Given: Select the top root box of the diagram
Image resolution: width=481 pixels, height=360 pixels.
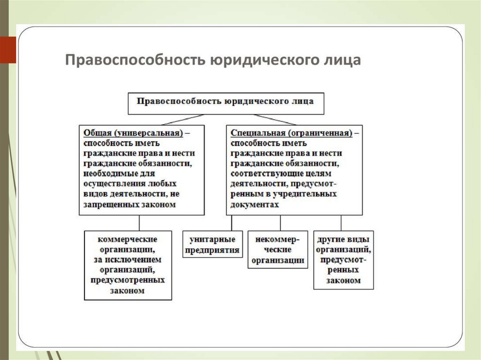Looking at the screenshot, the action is pyautogui.click(x=226, y=103).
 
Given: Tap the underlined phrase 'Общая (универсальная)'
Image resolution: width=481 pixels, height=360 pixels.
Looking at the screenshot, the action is pyautogui.click(x=133, y=133).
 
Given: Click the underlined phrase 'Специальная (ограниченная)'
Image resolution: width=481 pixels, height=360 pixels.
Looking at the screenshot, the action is pyautogui.click(x=291, y=133).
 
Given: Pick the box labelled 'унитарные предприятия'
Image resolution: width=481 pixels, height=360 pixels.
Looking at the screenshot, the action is pyautogui.click(x=212, y=244).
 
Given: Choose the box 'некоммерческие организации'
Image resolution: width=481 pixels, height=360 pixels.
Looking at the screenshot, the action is pyautogui.click(x=278, y=249).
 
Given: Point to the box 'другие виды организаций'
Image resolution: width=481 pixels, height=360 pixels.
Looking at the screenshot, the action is pyautogui.click(x=344, y=259).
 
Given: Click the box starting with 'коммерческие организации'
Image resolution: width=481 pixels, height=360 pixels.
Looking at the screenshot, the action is pyautogui.click(x=128, y=265).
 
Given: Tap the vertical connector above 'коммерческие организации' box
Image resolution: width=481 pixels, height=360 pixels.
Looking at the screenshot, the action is pyautogui.click(x=139, y=222).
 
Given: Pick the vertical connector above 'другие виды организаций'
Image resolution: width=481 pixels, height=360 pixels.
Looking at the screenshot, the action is pyautogui.click(x=341, y=222).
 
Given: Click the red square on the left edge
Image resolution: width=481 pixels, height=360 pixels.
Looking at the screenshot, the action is pyautogui.click(x=8, y=49).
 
